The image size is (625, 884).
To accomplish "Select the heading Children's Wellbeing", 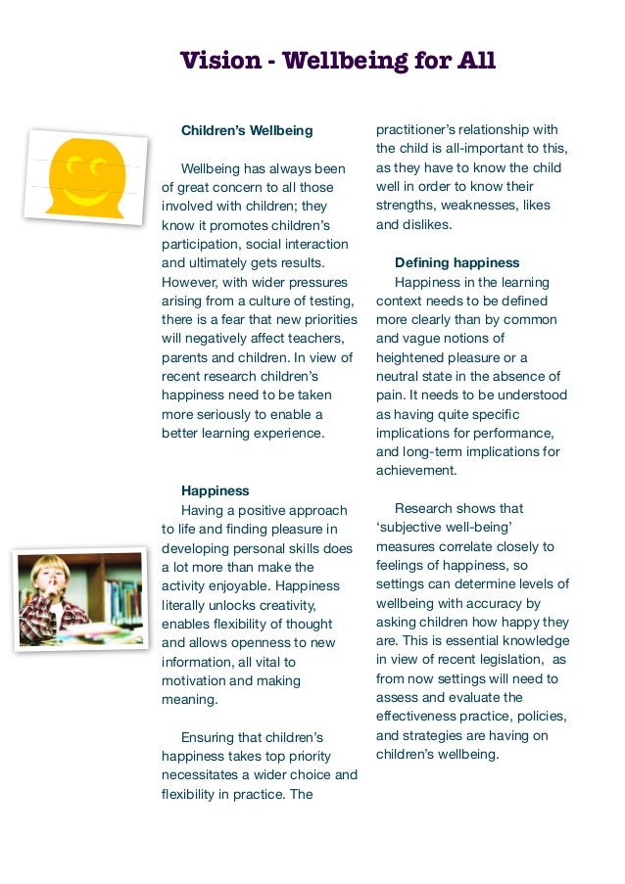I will [247, 130].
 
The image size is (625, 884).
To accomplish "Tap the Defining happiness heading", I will [457, 263].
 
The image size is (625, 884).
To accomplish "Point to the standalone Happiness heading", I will [216, 490].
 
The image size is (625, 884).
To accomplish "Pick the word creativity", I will [295, 605].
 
